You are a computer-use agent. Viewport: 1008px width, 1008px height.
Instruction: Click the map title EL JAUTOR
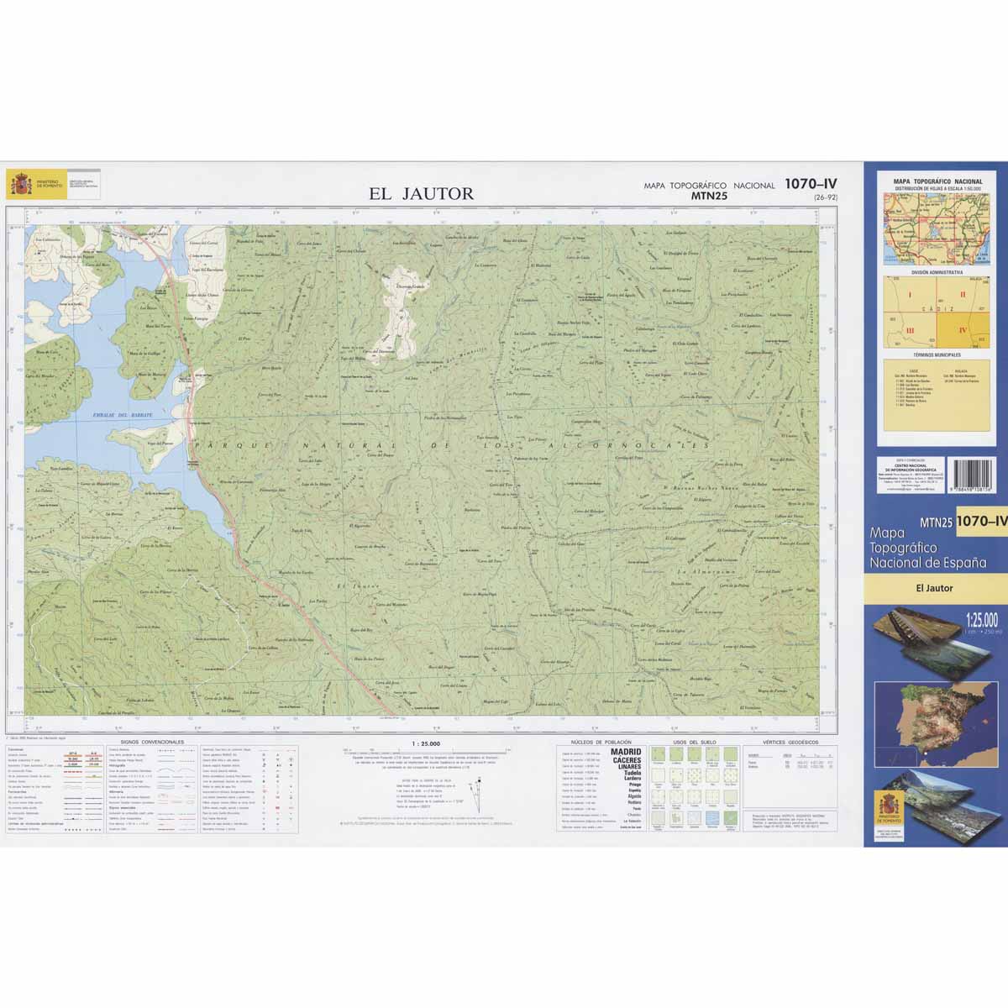point(421,194)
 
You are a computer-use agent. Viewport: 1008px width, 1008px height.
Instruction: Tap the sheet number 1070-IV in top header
point(811,184)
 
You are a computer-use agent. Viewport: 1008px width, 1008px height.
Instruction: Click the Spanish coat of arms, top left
point(19,184)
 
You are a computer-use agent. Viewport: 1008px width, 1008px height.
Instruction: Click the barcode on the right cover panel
point(971,475)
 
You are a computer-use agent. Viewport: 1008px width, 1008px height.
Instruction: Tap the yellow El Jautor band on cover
point(935,588)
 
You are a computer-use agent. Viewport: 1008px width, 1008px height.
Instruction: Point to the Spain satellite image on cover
point(935,718)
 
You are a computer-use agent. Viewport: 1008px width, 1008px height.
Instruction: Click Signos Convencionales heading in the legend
point(152,743)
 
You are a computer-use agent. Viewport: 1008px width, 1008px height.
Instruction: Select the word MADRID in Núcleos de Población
point(626,753)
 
